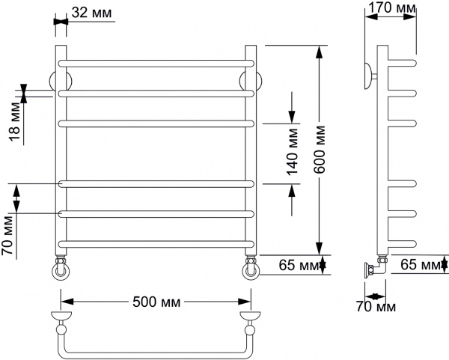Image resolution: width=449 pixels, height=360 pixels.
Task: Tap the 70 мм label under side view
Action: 375,307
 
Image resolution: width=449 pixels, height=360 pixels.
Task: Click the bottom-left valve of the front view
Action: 60,267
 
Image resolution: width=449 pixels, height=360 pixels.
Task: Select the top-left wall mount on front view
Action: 54,81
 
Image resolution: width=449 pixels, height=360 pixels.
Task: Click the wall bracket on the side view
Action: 370,76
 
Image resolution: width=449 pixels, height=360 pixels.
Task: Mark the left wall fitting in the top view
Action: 60,323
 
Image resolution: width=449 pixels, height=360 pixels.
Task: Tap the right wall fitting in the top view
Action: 249,323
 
